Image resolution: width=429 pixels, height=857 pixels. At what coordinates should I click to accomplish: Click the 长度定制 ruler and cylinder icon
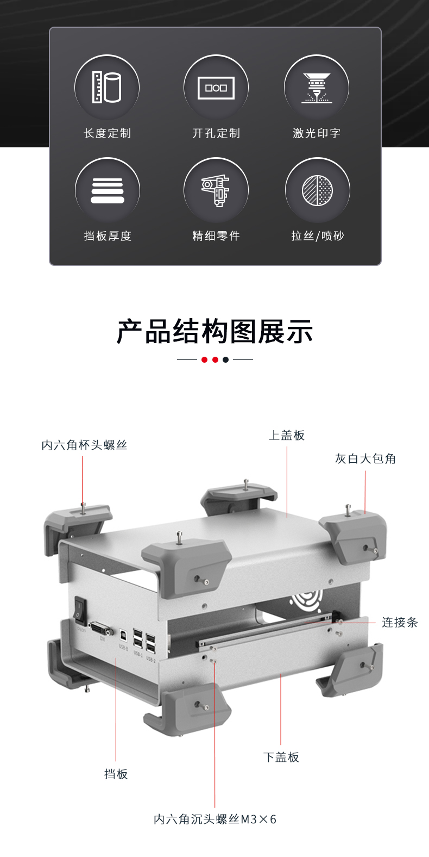coord(107,87)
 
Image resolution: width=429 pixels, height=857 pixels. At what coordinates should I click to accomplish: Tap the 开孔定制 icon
coord(216,88)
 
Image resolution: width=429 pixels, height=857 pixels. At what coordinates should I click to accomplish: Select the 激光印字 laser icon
coord(317,88)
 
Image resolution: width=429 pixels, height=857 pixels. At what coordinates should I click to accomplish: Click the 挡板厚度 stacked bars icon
coord(108,191)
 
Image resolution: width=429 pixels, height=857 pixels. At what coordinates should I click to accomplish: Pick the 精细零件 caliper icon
coord(216,191)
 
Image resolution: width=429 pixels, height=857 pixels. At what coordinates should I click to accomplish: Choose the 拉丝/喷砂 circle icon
coord(318,190)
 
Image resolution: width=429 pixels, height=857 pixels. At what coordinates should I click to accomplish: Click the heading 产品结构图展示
coord(215,331)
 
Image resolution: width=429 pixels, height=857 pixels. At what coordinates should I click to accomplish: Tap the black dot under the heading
coord(226,359)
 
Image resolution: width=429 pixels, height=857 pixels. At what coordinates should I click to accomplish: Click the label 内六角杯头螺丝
coord(84,445)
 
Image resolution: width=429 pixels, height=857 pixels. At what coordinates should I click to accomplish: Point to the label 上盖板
coord(287,435)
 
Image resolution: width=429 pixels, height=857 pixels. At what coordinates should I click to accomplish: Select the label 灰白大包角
coord(365,458)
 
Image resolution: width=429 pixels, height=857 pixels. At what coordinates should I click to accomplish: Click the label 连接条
coord(400,622)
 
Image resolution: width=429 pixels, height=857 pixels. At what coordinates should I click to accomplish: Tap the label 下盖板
coord(281,757)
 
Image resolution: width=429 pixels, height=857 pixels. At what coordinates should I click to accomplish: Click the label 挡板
coord(116,774)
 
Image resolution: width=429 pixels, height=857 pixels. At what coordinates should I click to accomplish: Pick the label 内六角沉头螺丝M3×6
coord(215,819)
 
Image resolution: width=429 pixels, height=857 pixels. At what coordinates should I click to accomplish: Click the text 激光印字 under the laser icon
coord(317,133)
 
